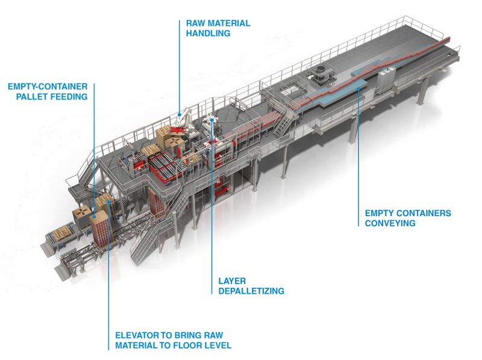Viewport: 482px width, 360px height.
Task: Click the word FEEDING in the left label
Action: pyautogui.click(x=72, y=96)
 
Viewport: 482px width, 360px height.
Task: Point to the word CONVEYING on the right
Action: pyautogui.click(x=390, y=223)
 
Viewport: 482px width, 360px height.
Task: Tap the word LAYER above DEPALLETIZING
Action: pyautogui.click(x=231, y=281)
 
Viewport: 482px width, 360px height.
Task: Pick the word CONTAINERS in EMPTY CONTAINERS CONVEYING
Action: pyautogui.click(x=423, y=213)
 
